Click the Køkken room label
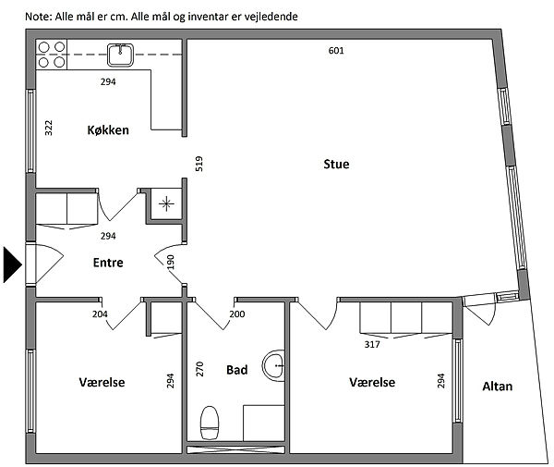click(108, 130)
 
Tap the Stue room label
click(336, 165)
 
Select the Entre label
click(108, 263)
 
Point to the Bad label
click(236, 370)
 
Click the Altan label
click(498, 387)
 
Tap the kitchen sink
click(120, 55)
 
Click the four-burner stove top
click(52, 55)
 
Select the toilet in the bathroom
click(210, 423)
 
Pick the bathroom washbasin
click(274, 365)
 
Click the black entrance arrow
click(13, 265)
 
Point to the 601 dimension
click(336, 51)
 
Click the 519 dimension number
click(199, 164)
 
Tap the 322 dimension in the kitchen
click(49, 128)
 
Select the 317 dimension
click(372, 344)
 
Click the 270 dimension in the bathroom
click(199, 369)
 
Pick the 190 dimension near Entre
click(171, 262)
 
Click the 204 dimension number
click(100, 314)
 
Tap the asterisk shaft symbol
click(166, 203)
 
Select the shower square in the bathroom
click(263, 424)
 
